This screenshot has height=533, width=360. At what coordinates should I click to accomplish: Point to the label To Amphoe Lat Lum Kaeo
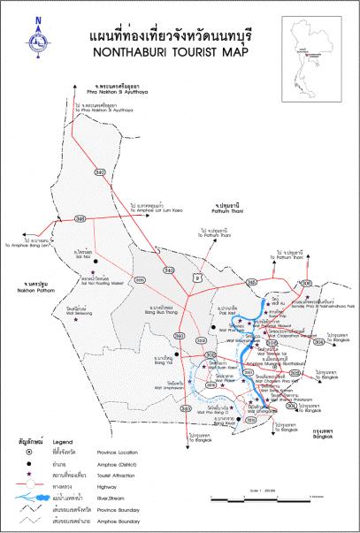159,209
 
